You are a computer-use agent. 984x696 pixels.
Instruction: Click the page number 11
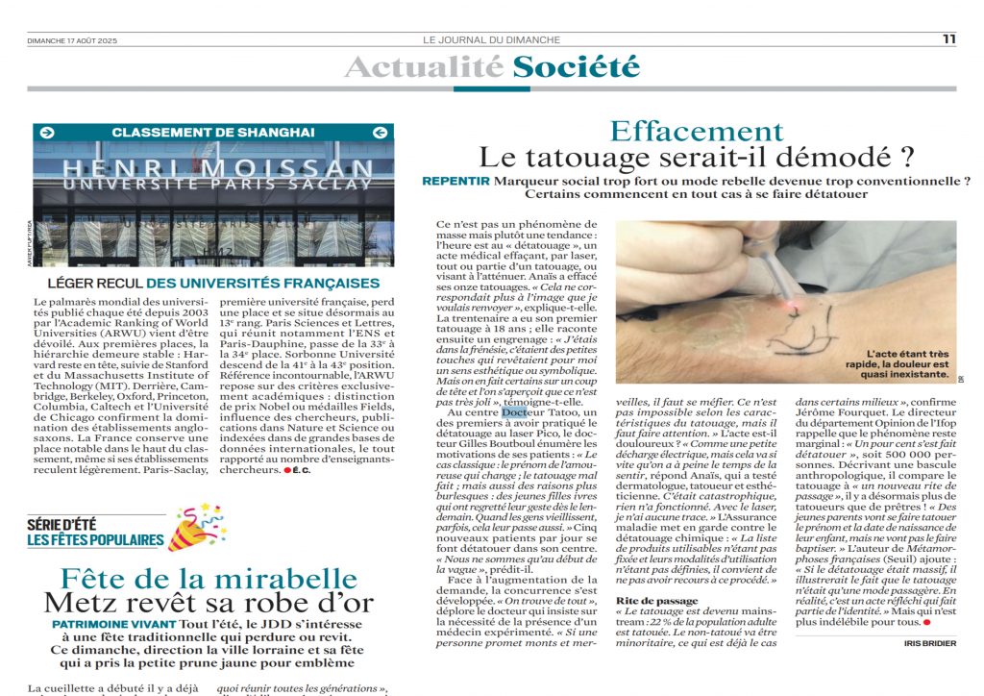[x=948, y=39]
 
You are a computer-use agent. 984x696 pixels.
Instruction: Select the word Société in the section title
[x=576, y=67]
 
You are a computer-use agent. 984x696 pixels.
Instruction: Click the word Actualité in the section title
[x=424, y=67]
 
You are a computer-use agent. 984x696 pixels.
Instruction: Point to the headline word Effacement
[x=697, y=132]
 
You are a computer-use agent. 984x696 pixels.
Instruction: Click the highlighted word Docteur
[x=515, y=412]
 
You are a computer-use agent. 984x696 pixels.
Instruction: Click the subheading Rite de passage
[x=656, y=601]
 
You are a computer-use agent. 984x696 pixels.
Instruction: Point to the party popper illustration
[x=197, y=530]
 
